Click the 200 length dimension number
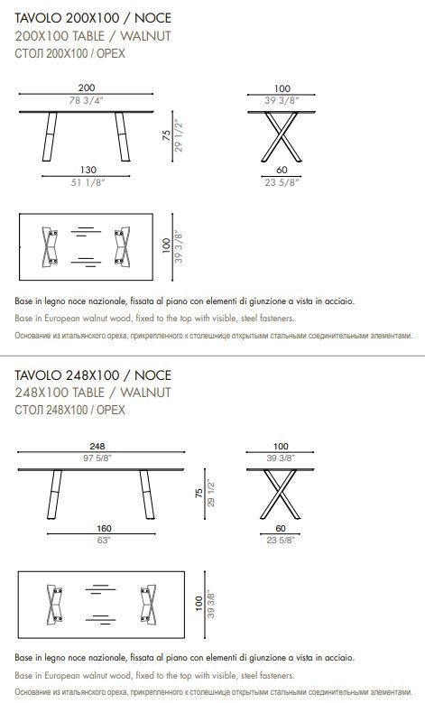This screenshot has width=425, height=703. click(x=87, y=88)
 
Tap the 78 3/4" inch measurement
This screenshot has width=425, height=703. click(x=87, y=100)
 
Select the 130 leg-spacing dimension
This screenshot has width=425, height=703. click(x=88, y=170)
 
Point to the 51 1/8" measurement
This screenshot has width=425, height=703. click(x=88, y=182)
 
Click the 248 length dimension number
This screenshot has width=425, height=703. click(x=97, y=446)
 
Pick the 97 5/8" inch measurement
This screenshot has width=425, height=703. click(x=97, y=458)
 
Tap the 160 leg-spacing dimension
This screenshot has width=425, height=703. click(x=104, y=529)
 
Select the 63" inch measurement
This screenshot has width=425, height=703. click(x=104, y=541)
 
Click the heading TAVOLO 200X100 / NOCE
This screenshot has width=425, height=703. click(x=93, y=18)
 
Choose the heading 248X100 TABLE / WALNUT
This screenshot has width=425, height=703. click(x=93, y=393)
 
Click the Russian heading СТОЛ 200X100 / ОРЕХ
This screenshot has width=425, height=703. click(x=70, y=53)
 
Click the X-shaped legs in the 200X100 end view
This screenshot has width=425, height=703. click(x=282, y=137)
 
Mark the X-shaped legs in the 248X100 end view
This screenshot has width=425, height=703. click(x=281, y=495)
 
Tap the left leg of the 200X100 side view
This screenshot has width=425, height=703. click(x=50, y=137)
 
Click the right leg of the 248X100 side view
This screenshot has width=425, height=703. click(x=147, y=495)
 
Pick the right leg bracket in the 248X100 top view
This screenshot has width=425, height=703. click(x=148, y=606)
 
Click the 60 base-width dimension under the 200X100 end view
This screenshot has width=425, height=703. click(x=282, y=170)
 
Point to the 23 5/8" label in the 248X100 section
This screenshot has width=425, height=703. click(x=281, y=541)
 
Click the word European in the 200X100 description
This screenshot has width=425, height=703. click(x=62, y=319)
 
